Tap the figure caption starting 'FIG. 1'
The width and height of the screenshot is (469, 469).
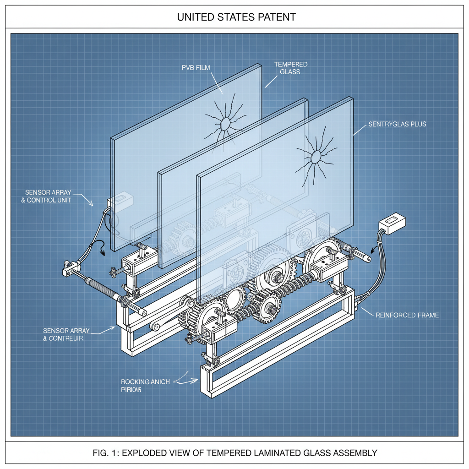tap(234, 453)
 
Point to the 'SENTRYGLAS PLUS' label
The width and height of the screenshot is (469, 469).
tap(397, 124)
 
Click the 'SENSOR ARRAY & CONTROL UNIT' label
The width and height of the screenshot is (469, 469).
tap(48, 196)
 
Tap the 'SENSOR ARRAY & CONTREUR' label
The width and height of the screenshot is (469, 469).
tap(63, 334)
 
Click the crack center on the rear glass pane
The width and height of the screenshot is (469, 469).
tap(225, 124)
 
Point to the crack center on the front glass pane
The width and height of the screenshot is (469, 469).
tap(316, 157)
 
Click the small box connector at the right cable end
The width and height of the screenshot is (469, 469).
tap(392, 223)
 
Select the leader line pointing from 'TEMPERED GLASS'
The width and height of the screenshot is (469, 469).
tap(272, 81)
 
